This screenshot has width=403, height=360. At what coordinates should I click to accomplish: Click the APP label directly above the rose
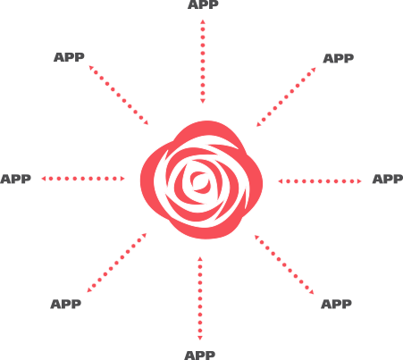tap(203, 4)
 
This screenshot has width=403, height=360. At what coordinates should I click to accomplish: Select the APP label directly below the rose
tap(199, 356)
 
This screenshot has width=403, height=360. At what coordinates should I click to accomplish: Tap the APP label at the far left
tap(15, 179)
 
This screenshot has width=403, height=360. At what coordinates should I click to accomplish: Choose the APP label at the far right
tap(388, 179)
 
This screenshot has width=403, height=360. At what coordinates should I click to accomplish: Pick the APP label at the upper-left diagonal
tap(69, 57)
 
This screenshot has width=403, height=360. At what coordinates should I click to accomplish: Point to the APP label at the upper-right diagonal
tap(339, 58)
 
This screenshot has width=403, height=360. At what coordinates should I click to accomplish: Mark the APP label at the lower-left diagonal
tap(66, 305)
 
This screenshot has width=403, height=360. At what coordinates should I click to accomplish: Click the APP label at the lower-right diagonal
tap(336, 305)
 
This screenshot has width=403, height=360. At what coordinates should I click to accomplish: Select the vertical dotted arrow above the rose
tap(203, 62)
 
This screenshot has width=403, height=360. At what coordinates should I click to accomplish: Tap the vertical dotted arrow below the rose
tap(200, 298)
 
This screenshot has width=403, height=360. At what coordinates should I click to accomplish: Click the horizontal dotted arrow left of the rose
tap(83, 179)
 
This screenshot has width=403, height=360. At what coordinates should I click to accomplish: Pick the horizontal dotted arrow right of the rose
tap(320, 181)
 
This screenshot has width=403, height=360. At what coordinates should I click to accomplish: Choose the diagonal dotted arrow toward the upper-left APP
tap(119, 96)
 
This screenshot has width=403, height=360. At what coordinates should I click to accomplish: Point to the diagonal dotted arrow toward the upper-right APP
tap(286, 97)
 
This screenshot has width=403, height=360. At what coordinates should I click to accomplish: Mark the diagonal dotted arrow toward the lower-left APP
tap(117, 263)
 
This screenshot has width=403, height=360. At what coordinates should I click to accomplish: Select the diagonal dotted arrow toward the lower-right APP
tap(284, 264)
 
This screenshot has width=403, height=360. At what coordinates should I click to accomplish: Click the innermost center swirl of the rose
tap(200, 181)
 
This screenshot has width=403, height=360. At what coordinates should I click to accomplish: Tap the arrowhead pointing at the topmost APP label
tap(203, 21)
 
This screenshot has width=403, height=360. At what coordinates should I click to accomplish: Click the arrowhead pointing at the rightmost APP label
tap(359, 181)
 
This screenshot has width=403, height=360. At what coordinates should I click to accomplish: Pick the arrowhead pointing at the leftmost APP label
tap(44, 179)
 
